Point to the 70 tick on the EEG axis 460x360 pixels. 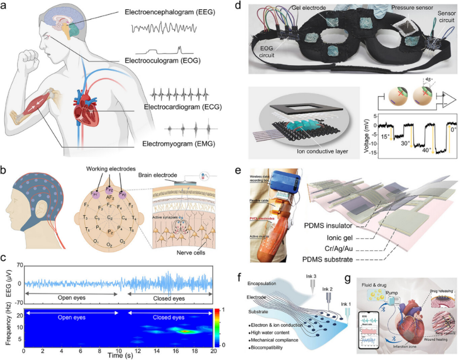19,265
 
